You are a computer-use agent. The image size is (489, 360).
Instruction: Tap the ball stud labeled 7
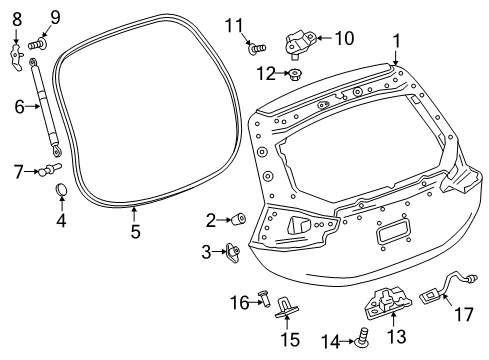50,171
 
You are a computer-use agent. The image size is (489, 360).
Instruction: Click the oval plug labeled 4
59,190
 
